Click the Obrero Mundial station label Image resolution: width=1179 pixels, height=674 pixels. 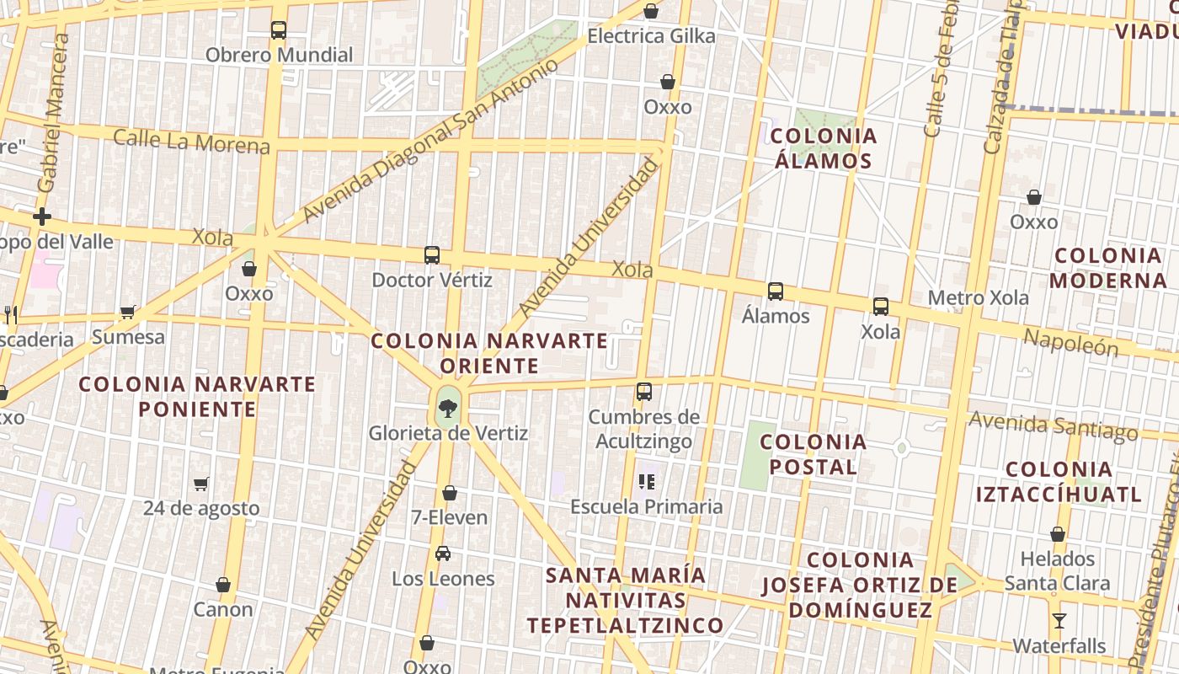click(x=279, y=56)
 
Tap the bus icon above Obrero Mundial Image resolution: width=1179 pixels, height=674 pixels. click(x=279, y=30)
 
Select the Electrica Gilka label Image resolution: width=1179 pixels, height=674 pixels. click(x=651, y=36)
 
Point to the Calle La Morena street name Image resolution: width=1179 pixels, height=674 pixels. click(x=191, y=141)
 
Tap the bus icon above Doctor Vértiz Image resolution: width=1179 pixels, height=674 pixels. click(x=432, y=254)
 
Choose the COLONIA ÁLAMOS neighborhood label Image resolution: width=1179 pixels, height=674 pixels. click(x=823, y=148)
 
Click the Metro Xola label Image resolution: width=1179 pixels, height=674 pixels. click(x=978, y=298)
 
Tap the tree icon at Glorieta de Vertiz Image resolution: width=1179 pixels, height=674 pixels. click(x=448, y=409)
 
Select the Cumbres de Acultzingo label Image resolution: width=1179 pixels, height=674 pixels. click(x=643, y=429)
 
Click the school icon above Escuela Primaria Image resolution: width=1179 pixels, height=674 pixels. click(x=647, y=482)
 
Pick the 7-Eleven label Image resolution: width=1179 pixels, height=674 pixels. click(x=450, y=517)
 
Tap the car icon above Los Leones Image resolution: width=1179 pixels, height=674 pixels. click(x=443, y=554)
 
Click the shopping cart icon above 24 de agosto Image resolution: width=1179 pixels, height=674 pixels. click(x=201, y=484)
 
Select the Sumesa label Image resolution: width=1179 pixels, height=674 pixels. click(x=128, y=337)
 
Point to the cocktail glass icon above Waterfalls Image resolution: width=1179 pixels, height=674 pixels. click(x=1059, y=621)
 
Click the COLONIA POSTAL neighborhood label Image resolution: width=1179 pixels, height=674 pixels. click(x=813, y=454)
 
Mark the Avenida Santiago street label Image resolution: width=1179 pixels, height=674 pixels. click(x=1053, y=425)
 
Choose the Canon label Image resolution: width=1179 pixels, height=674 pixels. click(x=223, y=609)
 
